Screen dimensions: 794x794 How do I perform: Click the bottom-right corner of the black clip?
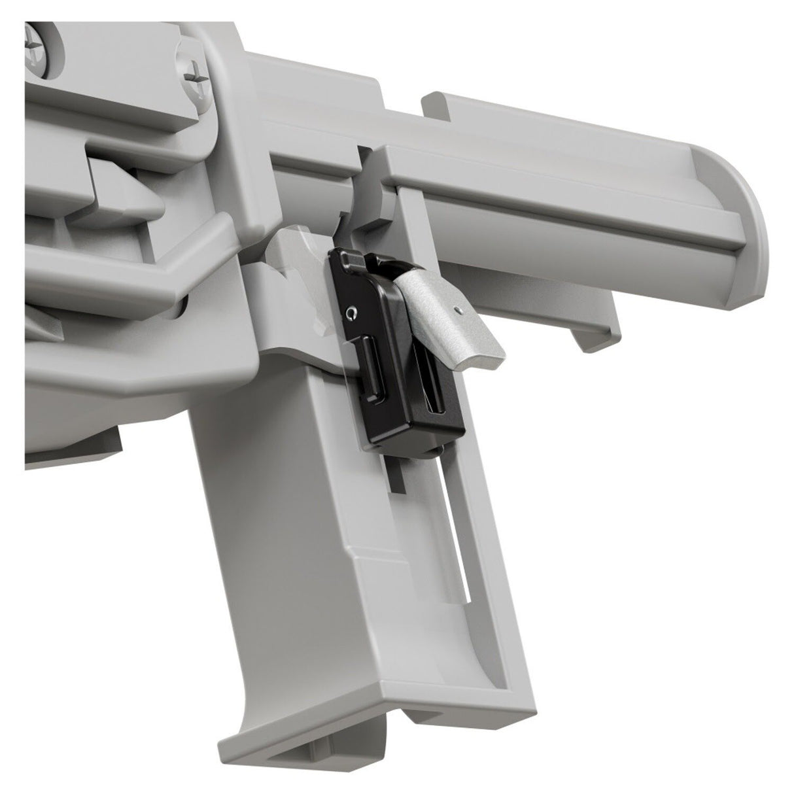(x=463, y=432)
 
